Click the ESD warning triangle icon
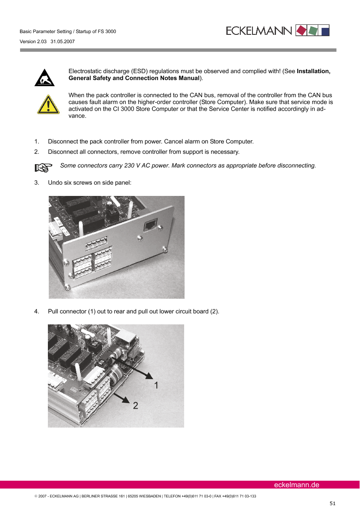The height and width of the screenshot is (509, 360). tap(44, 78)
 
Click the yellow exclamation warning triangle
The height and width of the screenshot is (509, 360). tap(48, 104)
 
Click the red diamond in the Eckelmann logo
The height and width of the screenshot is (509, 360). tap(301, 30)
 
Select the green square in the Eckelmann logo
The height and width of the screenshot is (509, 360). tap(313, 30)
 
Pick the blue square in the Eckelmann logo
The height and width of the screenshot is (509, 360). tap(325, 31)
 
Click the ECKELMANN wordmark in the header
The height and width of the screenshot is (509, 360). tap(259, 31)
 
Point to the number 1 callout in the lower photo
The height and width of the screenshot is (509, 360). tap(156, 385)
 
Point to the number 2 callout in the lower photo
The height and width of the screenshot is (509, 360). tap(136, 405)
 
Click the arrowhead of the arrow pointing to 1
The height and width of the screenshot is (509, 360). tap(149, 375)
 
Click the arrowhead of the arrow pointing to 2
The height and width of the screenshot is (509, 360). tap(126, 399)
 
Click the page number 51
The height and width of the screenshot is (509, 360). tap(333, 503)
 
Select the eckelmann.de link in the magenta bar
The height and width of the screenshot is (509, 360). tap(297, 485)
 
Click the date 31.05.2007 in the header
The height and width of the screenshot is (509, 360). tap(63, 41)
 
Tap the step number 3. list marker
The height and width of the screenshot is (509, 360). tap(37, 183)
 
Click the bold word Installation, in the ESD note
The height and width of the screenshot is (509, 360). tap(313, 71)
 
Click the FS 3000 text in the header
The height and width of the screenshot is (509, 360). tap(107, 31)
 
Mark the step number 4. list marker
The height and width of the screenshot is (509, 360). tap(37, 312)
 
